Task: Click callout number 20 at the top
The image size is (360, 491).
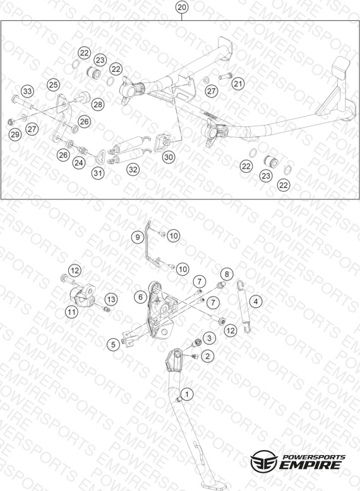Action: click(182, 7)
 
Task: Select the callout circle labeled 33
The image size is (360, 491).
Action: click(28, 91)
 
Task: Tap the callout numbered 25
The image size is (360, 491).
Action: click(54, 85)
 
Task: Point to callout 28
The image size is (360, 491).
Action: click(98, 104)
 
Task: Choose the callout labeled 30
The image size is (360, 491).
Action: click(169, 157)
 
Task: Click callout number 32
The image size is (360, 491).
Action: click(133, 169)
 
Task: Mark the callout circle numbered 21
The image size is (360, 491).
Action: click(238, 83)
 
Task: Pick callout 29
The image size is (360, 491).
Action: click(15, 134)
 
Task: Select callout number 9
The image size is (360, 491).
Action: click(138, 237)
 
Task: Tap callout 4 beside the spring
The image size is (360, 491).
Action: click(256, 302)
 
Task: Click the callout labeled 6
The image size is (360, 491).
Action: click(140, 297)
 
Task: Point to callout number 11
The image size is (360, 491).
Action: click(72, 312)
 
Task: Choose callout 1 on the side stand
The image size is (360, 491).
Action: click(187, 394)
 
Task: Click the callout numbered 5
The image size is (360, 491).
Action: click(113, 345)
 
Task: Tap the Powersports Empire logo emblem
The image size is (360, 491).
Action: click(264, 461)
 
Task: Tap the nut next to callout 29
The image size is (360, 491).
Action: click(11, 121)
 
